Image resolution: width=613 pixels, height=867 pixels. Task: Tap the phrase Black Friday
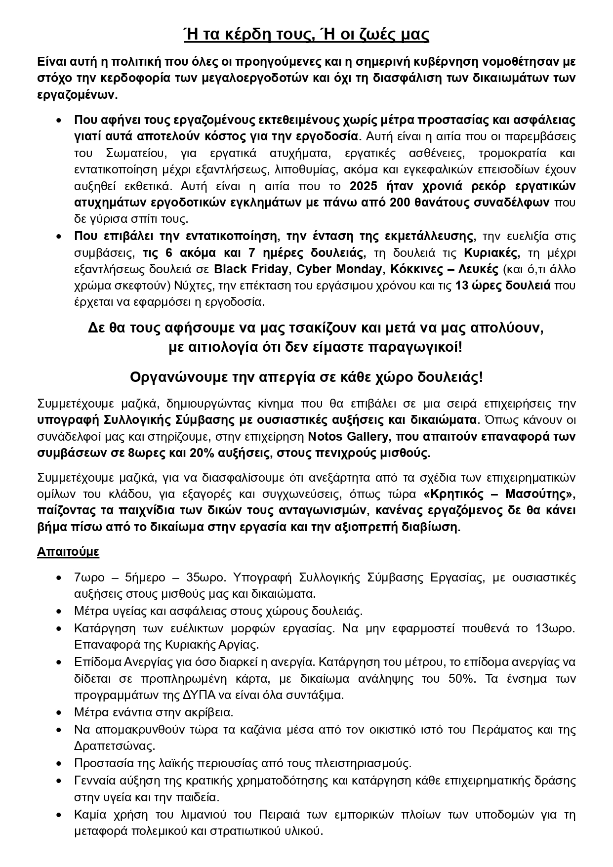[250, 269]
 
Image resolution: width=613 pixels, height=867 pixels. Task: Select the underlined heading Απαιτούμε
[68, 552]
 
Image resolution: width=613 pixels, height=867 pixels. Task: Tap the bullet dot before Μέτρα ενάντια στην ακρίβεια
[59, 712]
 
